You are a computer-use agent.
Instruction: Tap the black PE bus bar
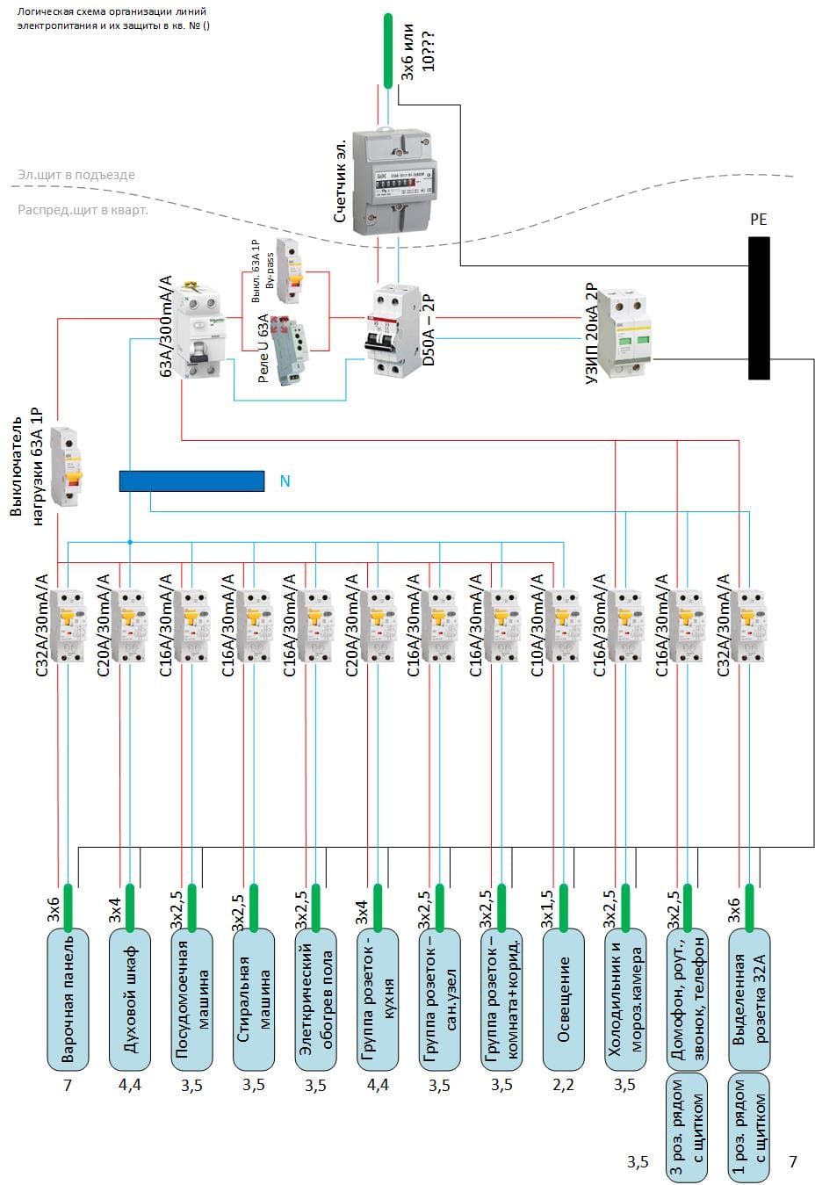[759, 307]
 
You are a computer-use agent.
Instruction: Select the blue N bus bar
[191, 481]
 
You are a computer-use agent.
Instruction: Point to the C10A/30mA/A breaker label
[538, 625]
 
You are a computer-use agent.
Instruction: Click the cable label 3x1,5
[546, 910]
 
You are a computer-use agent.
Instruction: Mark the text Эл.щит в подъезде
[76, 175]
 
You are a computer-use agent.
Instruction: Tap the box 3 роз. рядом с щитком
[688, 1126]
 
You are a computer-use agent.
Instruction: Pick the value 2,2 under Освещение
[564, 1086]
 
